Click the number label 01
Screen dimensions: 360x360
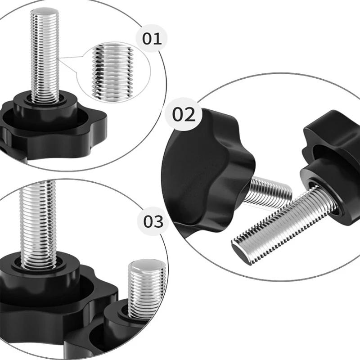pos(152,39)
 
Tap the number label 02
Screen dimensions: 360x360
pos(184,115)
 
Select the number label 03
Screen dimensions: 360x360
pos(153,221)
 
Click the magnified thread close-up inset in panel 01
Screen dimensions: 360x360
pos(113,72)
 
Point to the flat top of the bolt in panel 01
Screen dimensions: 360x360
pos(45,11)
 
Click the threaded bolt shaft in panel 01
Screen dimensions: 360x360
pos(45,55)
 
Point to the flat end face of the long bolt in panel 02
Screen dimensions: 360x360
pos(239,253)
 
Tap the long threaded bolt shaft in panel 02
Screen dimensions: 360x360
pos(283,225)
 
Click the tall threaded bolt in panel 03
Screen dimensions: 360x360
pos(38,225)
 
